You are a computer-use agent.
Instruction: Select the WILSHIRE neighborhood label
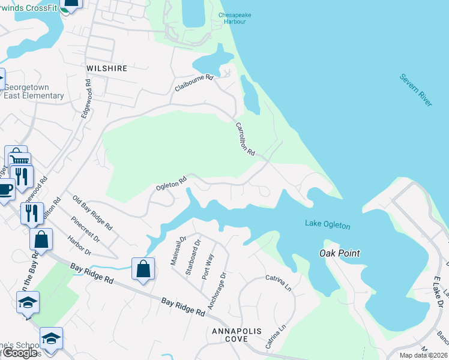click(107, 68)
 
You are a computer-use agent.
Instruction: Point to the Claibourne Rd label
click(194, 84)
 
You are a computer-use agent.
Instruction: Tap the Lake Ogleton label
click(327, 224)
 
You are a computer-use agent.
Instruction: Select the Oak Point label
click(339, 253)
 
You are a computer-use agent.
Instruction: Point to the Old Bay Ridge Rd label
click(92, 213)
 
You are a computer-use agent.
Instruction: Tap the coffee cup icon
click(5, 188)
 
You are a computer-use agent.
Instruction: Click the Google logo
click(19, 353)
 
